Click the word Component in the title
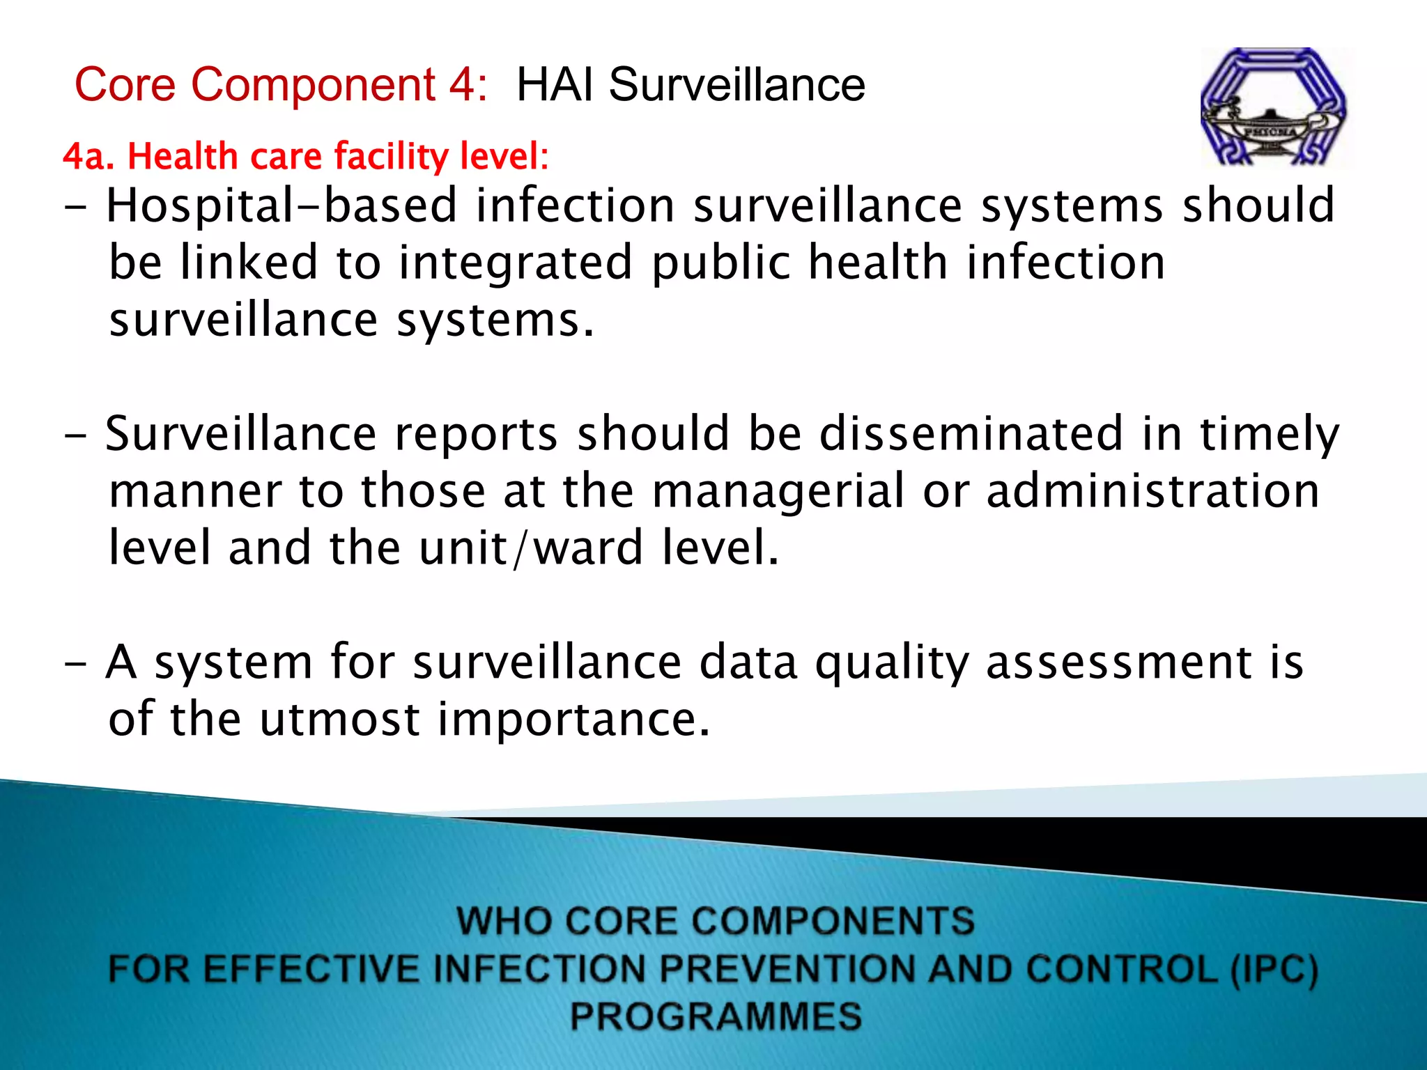314,86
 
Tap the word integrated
516,264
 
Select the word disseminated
971,434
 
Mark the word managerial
778,492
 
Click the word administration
1153,490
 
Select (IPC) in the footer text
1274,970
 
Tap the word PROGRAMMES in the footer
716,1016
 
